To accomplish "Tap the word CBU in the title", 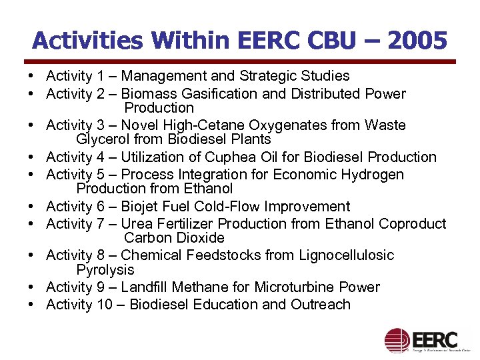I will pos(341,41).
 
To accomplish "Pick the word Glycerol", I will pos(104,139).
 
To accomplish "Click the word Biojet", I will pos(141,207).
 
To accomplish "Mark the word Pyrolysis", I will pos(105,270).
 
